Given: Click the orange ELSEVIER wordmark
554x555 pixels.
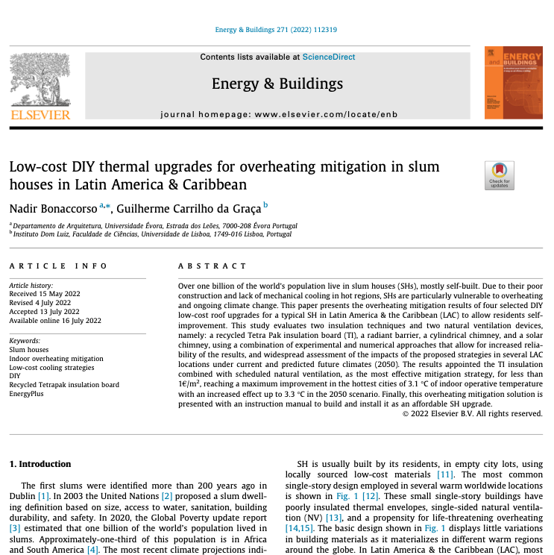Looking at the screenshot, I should pos(40,114).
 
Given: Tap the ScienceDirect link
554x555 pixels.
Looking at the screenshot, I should pos(328,57).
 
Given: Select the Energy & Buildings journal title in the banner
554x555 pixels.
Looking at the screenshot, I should pos(277,83).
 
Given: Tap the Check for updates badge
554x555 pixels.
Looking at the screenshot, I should pos(499,175).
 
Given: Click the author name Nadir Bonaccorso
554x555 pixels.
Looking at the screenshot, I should pos(54,206).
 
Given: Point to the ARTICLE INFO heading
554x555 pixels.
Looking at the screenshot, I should pos(58,266).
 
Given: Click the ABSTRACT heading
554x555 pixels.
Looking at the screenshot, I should pos(213,266).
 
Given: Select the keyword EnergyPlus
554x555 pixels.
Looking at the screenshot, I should pos(26,393).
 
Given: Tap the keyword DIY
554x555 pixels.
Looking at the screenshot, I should pos(15,376).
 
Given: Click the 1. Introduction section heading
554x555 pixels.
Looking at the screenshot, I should pos(40,463).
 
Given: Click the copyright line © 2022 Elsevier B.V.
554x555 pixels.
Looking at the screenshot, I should pos(472,413).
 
